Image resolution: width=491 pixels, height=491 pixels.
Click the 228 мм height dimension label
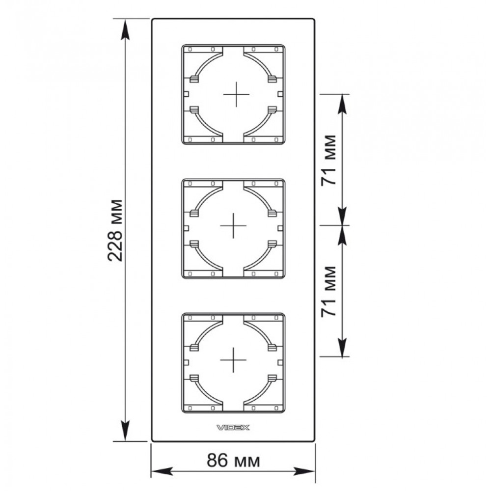click(115, 230)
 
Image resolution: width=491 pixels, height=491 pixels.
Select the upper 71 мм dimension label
click(329, 160)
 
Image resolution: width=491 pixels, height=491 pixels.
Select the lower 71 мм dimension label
click(329, 291)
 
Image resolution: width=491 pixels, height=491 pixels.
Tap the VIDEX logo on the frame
click(233, 428)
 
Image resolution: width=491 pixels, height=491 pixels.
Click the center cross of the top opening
click(237, 94)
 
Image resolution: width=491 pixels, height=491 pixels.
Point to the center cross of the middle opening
click(233, 225)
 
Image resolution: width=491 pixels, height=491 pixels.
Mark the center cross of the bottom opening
click(233, 360)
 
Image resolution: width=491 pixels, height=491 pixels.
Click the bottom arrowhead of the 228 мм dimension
click(125, 431)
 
